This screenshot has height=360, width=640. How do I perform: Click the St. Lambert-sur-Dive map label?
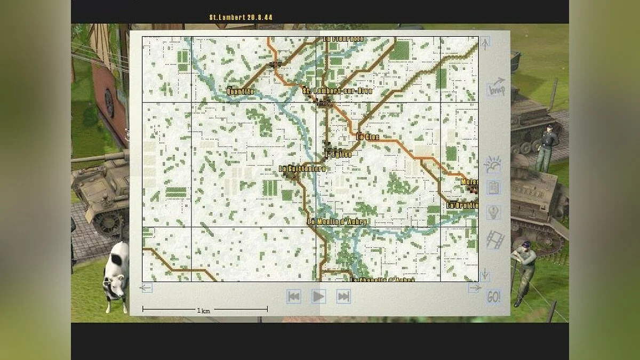coord(337,91)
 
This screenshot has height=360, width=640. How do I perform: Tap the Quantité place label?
coord(241,91)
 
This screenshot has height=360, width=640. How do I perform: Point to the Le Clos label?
coord(367,137)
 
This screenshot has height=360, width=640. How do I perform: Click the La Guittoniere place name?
coord(302,169)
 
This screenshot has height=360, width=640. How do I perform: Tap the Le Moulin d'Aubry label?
coord(337,221)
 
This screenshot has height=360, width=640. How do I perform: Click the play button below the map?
coord(318,296)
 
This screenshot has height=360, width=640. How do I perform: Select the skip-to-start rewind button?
coord(293,296)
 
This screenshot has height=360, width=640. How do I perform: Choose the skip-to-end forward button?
coord(343,296)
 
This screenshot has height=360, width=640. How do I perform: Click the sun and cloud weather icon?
coord(492,165)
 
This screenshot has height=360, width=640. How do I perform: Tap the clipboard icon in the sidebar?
coord(493,188)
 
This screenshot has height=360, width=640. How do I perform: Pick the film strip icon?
coord(495,239)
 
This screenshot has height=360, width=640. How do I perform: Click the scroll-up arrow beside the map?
coord(485,43)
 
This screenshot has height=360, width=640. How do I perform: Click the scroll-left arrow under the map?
coord(146,288)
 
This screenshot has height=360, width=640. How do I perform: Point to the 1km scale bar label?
coord(203,311)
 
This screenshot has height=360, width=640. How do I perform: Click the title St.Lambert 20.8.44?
coord(241,17)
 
